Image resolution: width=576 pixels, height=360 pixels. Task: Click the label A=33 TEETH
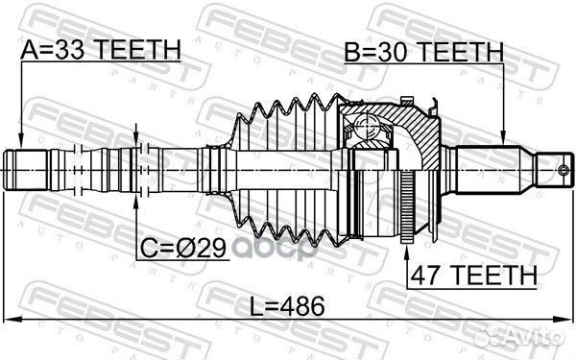[101, 50]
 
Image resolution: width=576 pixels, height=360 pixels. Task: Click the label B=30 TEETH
[423, 52]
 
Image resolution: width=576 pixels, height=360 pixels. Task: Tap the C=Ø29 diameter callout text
[183, 249]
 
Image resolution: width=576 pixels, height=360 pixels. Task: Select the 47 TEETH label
[473, 275]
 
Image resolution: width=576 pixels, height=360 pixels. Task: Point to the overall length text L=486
[287, 306]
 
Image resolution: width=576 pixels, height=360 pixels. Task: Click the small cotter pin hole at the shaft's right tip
[564, 170]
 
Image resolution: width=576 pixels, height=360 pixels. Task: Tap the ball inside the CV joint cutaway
[368, 127]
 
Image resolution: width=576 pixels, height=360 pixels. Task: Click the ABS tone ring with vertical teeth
[407, 206]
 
